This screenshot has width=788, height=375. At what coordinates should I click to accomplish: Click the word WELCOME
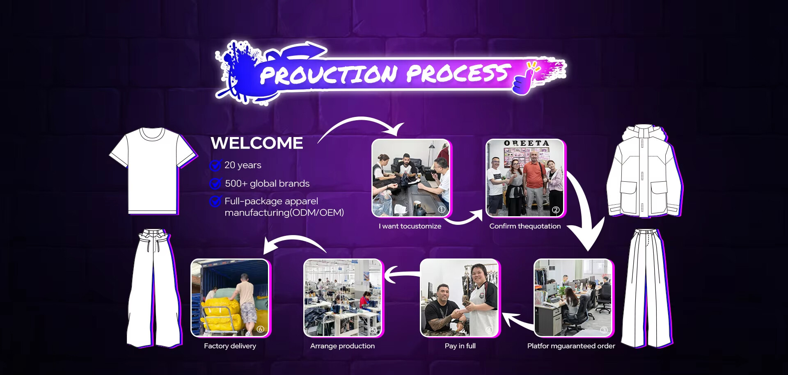[257, 143]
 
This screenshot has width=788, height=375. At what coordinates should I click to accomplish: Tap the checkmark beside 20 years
[215, 165]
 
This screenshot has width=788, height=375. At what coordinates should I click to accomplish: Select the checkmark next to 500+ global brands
[215, 183]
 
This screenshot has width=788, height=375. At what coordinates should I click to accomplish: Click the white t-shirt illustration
[153, 170]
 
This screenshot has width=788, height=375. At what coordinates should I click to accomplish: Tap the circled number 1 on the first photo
[442, 209]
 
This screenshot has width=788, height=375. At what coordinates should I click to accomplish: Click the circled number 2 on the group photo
[556, 210]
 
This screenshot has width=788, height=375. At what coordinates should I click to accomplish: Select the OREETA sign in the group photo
[526, 143]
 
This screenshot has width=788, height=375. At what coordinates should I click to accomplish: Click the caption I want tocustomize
[410, 226]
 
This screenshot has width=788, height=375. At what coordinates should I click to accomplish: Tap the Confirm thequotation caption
[525, 226]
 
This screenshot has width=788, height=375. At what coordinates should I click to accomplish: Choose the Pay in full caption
[460, 346]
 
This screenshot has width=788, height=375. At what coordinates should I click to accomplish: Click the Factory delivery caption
[230, 346]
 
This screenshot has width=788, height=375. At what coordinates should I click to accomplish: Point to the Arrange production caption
[342, 346]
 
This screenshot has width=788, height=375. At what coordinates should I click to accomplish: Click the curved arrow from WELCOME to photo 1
[361, 119]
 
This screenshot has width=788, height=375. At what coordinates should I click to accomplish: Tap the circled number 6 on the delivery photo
[260, 329]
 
